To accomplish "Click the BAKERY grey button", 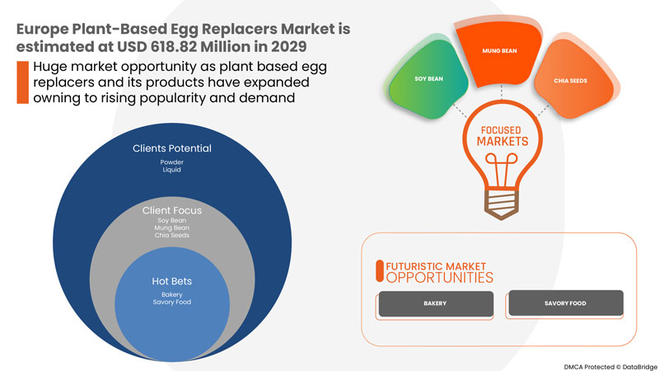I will (x=435, y=303).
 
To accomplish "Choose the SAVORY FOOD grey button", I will (x=565, y=303).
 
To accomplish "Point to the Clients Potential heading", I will (x=172, y=149).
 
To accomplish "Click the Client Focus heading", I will (x=172, y=210).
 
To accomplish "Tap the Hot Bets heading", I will (x=172, y=280).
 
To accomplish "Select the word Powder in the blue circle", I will (x=172, y=163).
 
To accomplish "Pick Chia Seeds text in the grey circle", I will (x=172, y=236).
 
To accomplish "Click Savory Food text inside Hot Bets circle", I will (x=172, y=302).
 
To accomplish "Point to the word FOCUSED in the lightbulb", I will (x=502, y=129).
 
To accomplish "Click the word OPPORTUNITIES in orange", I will (x=440, y=278).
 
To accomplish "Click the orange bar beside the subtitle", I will (x=21, y=82).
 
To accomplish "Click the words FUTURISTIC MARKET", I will (x=432, y=265).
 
